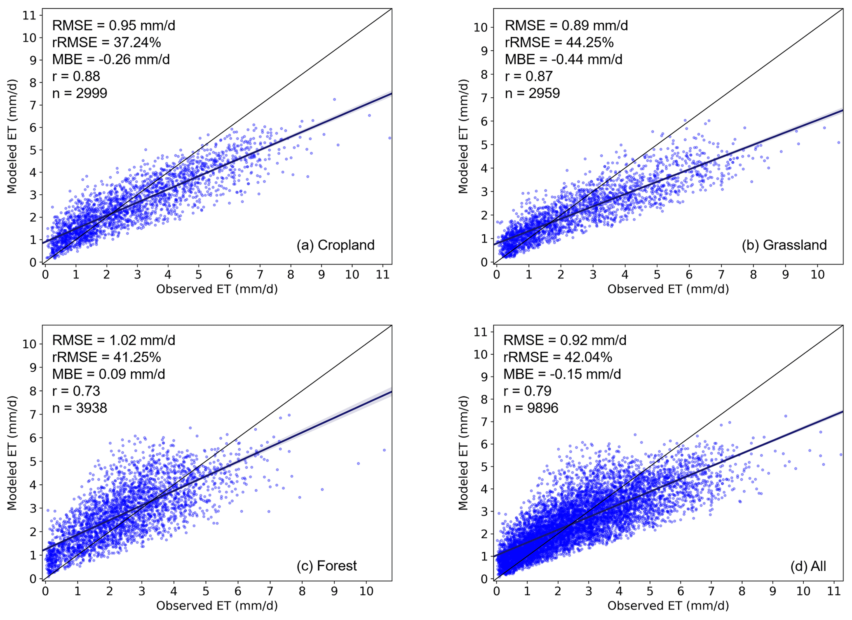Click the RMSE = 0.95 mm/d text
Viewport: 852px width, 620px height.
point(113,26)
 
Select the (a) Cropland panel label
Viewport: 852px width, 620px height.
point(335,245)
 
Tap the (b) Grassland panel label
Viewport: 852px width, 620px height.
point(784,245)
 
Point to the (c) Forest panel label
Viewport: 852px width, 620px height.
point(326,566)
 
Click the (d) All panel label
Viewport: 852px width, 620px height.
point(808,566)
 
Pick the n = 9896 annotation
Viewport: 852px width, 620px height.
point(530,408)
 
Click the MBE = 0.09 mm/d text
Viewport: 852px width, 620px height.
point(108,374)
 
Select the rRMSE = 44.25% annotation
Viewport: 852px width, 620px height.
point(559,42)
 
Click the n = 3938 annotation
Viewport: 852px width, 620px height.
point(80,408)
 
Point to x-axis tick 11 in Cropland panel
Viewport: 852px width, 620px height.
point(383,275)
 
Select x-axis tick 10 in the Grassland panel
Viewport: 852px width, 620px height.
point(817,275)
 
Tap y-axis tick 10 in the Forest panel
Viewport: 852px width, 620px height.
point(29,344)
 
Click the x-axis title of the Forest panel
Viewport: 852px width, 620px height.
point(217,606)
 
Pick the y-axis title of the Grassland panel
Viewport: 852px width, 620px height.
point(463,137)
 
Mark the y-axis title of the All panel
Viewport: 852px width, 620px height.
point(463,453)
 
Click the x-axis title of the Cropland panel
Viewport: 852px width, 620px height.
point(217,289)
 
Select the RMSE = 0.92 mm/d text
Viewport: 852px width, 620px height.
point(565,340)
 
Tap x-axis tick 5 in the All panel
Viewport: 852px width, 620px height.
point(650,591)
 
